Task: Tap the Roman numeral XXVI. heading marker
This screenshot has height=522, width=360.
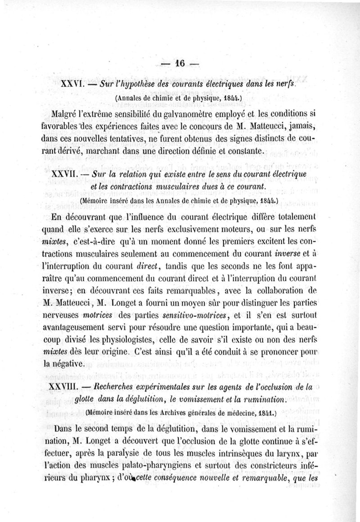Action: click(x=71, y=83)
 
